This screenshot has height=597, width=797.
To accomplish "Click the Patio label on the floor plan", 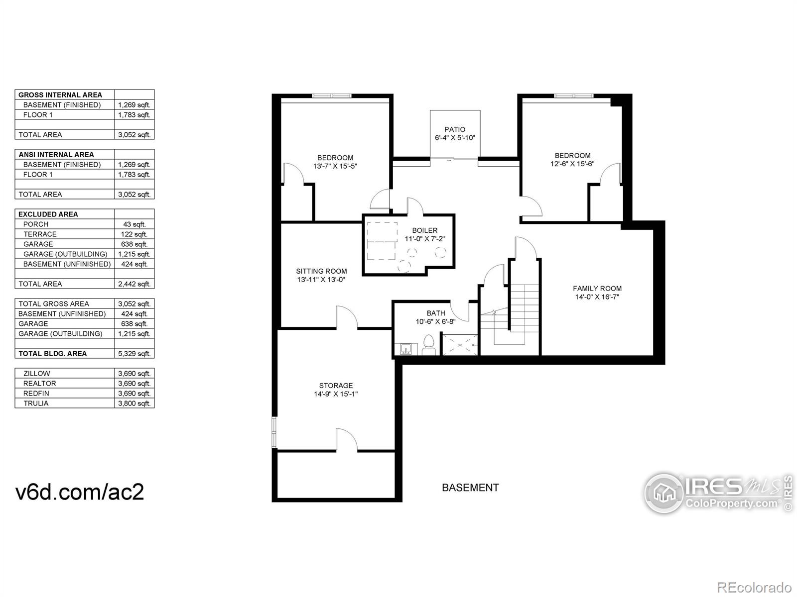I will coord(455,129).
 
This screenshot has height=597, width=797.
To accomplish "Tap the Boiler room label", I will coord(424,230).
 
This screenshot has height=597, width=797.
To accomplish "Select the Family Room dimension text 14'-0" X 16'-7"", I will coord(597,298).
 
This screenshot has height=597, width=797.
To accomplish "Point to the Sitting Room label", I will coord(321,271).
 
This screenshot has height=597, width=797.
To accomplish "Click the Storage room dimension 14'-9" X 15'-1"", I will coord(336,394).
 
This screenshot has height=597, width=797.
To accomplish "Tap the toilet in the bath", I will coord(428,345).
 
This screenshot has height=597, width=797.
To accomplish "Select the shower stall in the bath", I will coord(460,345).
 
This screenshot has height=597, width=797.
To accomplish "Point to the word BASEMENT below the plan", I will coord(470,488).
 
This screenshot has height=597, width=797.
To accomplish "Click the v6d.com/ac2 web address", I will coord(80,492).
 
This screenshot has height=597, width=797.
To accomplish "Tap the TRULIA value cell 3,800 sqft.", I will coord(134,403).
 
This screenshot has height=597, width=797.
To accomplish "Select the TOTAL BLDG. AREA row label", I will coord(53,354).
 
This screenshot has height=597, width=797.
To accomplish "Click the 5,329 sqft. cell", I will coord(134,354).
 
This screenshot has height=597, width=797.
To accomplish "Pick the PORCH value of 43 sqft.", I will coord(134,224).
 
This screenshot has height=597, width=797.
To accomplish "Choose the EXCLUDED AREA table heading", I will coord(48,214).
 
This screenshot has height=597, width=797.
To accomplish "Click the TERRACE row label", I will coord(40,234).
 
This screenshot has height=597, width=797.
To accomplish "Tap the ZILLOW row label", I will coord(37,374).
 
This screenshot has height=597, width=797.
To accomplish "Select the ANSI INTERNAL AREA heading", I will coord(56,155).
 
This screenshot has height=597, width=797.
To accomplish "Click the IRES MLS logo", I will coord(717,493).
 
